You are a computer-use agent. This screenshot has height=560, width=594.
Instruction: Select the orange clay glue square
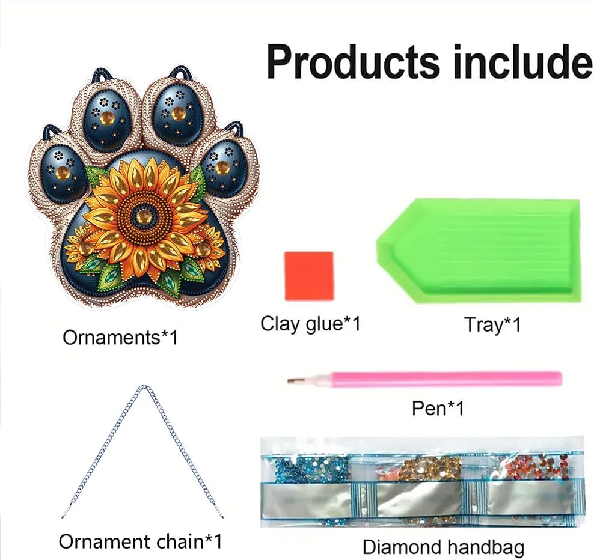click(309, 276)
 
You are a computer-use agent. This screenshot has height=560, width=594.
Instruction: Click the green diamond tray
click(478, 251)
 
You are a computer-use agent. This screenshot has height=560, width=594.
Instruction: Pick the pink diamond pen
click(424, 379)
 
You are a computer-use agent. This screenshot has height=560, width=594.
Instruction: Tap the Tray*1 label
click(492, 325)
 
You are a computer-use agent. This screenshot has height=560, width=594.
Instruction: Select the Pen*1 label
click(438, 408)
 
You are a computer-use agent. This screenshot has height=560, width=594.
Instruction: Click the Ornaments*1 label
click(120, 337)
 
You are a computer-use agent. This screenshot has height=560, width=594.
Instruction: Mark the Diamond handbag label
click(443, 547)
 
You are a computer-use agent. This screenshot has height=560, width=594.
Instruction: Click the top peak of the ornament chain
click(143, 386)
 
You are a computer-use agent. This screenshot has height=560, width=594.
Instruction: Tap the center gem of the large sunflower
click(143, 216)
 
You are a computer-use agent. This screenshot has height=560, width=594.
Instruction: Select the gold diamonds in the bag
click(430, 467)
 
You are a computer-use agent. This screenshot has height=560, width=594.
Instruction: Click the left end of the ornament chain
click(63, 517)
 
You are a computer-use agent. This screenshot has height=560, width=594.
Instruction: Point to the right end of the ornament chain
click(222, 517)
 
